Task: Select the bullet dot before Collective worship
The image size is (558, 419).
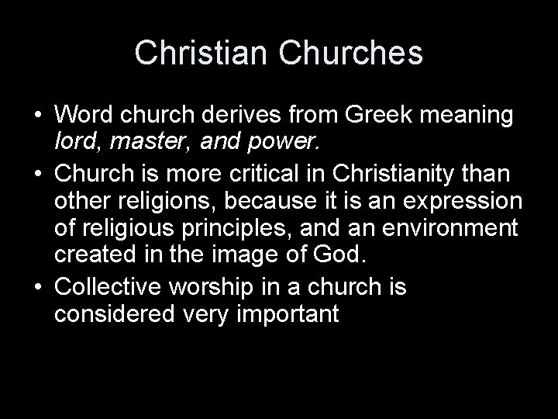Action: pyautogui.click(x=36, y=288)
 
